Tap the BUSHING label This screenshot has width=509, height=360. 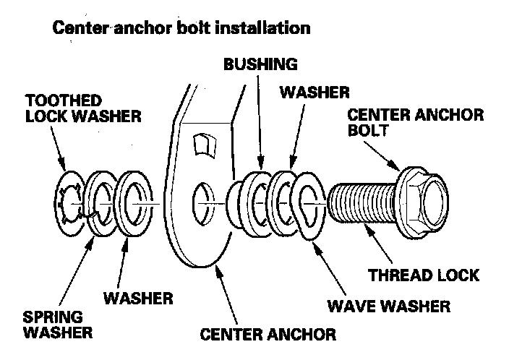(260, 64)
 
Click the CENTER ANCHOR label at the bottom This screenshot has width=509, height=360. (269, 334)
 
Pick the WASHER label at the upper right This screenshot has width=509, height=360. (315, 92)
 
